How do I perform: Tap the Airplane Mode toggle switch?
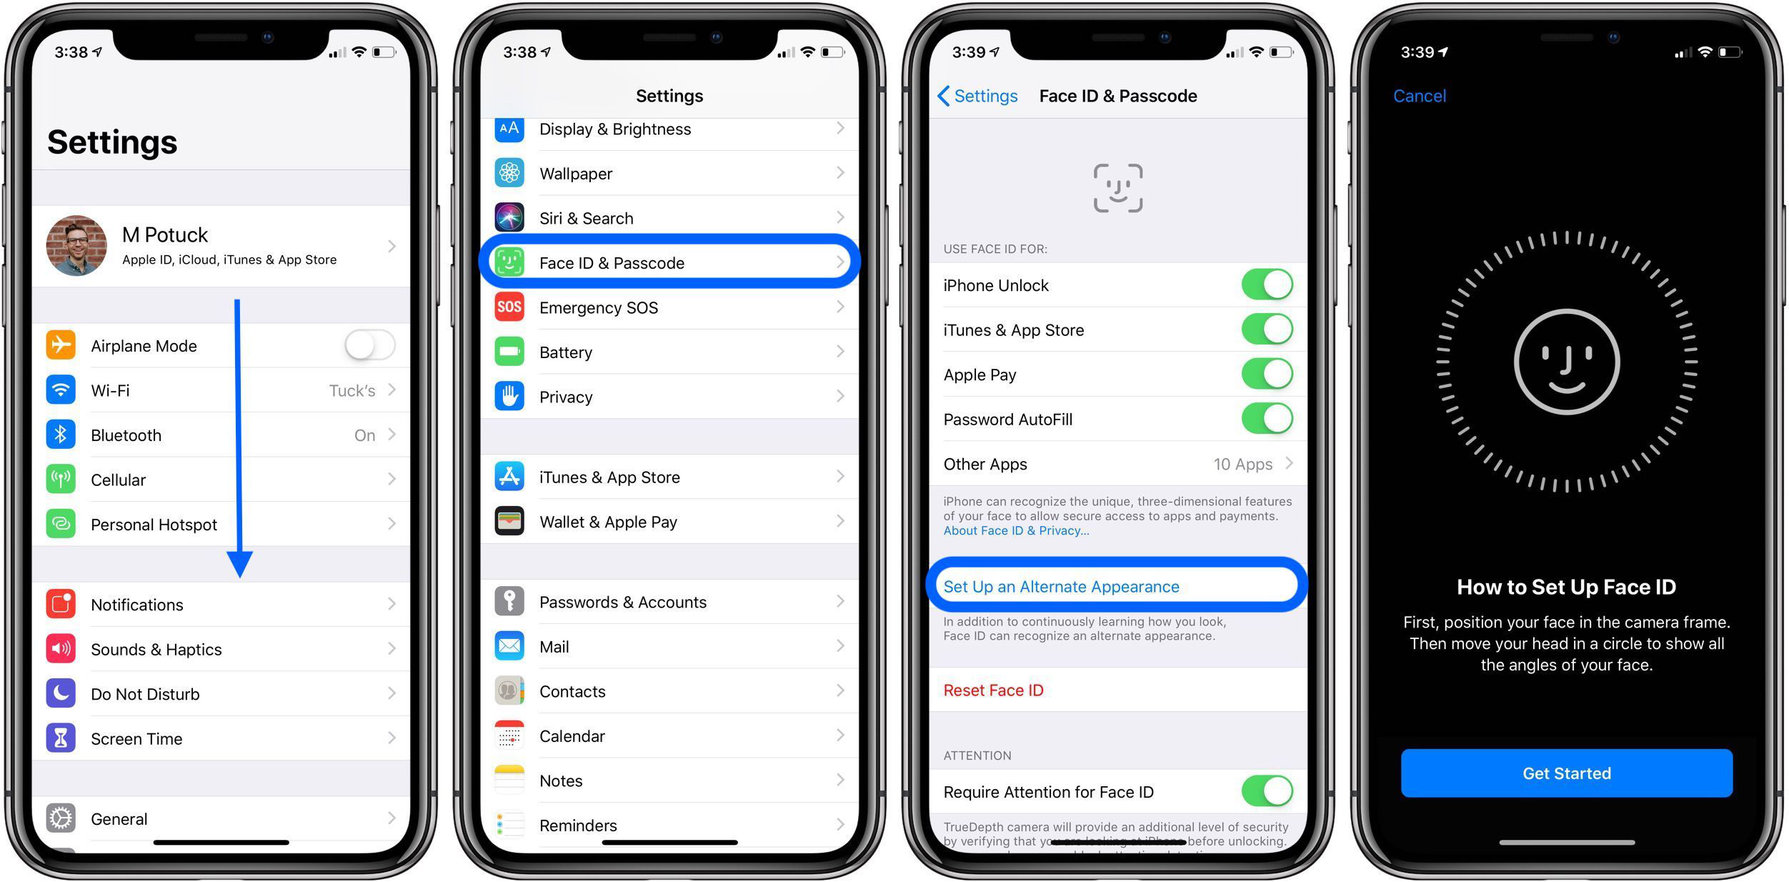[x=369, y=346]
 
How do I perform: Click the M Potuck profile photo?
[x=76, y=246]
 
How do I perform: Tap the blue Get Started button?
[x=1566, y=773]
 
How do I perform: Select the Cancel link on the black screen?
[x=1419, y=96]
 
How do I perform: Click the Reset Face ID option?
[x=993, y=690]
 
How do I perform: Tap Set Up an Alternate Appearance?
[x=1061, y=587]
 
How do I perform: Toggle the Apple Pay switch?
[x=1267, y=375]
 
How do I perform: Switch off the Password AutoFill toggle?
[x=1267, y=419]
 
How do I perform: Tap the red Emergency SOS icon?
[x=509, y=307]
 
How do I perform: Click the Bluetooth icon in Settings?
[x=61, y=435]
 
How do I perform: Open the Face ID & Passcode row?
[x=669, y=262]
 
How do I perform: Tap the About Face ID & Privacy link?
[x=1015, y=530]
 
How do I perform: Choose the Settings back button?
[x=977, y=96]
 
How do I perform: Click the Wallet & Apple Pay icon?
[x=509, y=522]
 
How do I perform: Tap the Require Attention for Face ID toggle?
[x=1267, y=791]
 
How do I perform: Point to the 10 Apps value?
[x=1242, y=465]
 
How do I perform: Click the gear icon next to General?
[x=61, y=818]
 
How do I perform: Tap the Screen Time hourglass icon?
[x=61, y=738]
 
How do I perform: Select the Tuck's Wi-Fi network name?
[x=352, y=391]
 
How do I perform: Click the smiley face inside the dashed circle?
[x=1566, y=362]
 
